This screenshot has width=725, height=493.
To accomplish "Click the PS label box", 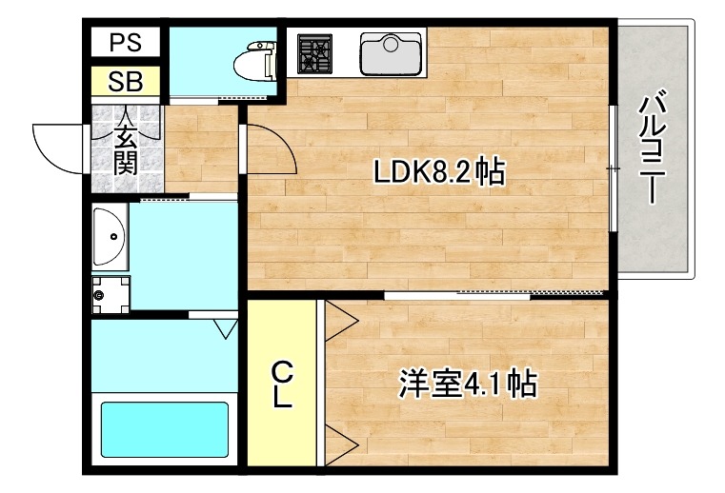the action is (x=126, y=42).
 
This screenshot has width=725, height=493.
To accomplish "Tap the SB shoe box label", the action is (x=126, y=81).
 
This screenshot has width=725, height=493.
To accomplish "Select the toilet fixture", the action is (x=255, y=60).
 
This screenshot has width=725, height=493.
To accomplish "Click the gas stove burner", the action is (x=314, y=53).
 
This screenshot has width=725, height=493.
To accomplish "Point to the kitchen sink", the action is (x=391, y=53).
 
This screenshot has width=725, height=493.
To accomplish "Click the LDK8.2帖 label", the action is (x=439, y=171).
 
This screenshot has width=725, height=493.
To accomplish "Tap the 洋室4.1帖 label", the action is (x=468, y=383).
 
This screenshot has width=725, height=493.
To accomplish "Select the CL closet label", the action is (x=282, y=385).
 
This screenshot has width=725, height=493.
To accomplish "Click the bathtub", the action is (x=165, y=429).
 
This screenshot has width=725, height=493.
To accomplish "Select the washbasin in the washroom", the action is (x=111, y=237).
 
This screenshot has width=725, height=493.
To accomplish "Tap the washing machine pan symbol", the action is (x=111, y=294).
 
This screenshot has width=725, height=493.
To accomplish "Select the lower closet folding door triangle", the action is (x=341, y=445).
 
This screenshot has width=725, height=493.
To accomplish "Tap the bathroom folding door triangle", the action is (x=226, y=328).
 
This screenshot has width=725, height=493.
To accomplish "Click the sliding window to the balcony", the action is (x=613, y=168).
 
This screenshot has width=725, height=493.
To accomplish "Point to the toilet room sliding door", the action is (x=218, y=99).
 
